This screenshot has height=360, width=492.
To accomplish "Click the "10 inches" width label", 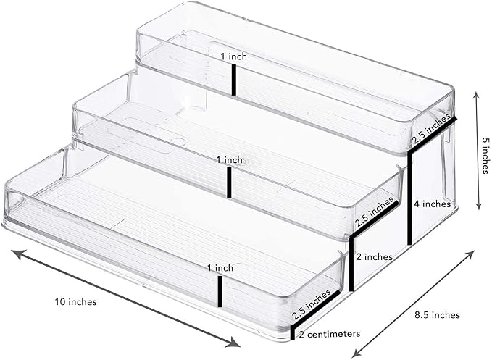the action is point(76,301).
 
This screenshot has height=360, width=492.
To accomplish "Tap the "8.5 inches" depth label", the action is point(437,314).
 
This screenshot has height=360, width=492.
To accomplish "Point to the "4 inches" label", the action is point(432,204).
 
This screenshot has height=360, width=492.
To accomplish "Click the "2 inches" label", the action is point(374,257).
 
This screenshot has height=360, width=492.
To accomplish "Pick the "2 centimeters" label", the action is point(329,334).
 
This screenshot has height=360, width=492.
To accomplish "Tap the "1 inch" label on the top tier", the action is point(233,56).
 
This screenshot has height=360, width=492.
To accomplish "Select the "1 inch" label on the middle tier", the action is point(230,160).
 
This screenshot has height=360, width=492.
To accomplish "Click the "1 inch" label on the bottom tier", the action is point(220,268).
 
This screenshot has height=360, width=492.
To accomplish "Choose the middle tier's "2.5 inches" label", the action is point(374,212).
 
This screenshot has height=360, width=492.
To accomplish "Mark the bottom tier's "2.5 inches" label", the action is point(312,304).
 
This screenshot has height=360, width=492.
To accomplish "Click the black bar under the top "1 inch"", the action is point(234,80).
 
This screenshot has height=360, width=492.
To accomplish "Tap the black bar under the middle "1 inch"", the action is point(229,183).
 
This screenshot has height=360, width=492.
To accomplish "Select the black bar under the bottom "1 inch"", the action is point(220,291).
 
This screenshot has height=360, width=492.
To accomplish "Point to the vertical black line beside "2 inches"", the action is point(351,264).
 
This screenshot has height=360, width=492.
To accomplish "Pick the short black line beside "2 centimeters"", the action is point(293,332).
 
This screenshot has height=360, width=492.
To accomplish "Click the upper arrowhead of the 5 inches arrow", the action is point(477,96).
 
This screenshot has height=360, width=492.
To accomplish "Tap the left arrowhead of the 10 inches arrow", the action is point(17,254).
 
